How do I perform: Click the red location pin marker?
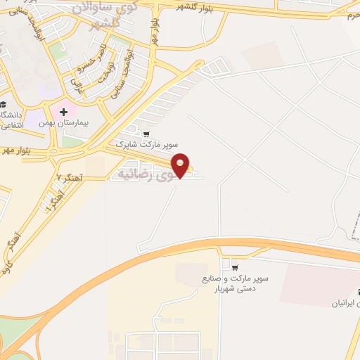click(x=181, y=165)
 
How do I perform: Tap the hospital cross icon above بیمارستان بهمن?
click(x=63, y=111)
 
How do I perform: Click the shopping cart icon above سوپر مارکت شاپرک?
click(x=146, y=133)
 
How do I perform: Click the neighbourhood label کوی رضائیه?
click(x=145, y=172)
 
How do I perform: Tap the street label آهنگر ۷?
click(x=70, y=179)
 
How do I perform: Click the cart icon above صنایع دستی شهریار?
click(x=234, y=267)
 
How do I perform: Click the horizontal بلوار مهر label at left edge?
click(x=17, y=150)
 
